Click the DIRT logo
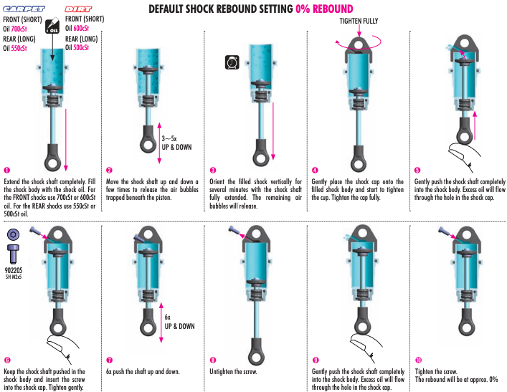[x=82, y=9]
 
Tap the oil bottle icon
[x=52, y=27]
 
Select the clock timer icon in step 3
[x=232, y=63]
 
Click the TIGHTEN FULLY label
[x=359, y=21]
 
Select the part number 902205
[x=14, y=271]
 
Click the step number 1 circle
[x=7, y=170]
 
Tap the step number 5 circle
[x=417, y=170]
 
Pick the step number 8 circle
[x=213, y=360]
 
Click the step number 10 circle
[x=418, y=360]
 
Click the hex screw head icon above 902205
[x=13, y=234]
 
